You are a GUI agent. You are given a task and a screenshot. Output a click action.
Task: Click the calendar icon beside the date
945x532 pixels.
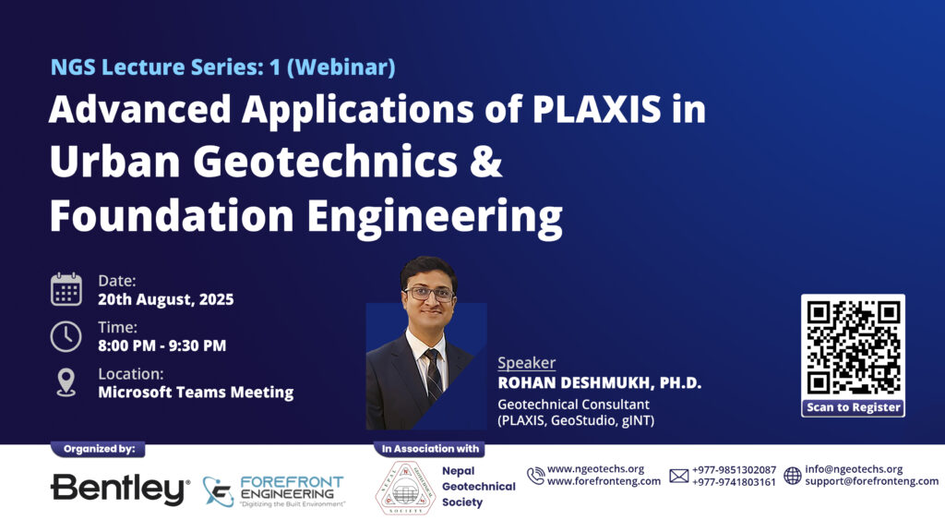[x=66, y=289]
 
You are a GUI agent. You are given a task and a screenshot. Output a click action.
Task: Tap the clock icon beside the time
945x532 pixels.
[x=66, y=336]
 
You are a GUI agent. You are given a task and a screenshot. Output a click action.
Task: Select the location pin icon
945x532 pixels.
[x=66, y=382]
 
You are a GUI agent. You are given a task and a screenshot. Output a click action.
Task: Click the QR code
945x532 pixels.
[x=853, y=348]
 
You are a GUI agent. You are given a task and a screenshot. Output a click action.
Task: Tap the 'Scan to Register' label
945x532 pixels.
[x=853, y=407]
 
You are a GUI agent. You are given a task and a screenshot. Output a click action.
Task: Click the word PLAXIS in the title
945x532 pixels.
[x=597, y=109]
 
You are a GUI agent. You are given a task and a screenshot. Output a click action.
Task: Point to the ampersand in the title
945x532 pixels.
[x=485, y=161]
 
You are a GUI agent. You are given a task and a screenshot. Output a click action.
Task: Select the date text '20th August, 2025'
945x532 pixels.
[x=166, y=299]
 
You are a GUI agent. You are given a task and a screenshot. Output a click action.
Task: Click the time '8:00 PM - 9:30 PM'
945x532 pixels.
[x=162, y=345]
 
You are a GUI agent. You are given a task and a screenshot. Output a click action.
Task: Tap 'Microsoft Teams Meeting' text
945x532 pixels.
[x=196, y=392]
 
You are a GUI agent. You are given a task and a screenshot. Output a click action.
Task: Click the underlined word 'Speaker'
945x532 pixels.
[x=527, y=362]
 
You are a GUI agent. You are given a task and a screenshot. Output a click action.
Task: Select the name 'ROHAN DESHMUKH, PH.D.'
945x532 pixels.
[x=600, y=383]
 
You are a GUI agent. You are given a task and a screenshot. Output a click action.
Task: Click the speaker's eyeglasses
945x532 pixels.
[x=428, y=294]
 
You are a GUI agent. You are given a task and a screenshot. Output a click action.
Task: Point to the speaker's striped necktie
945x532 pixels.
[x=434, y=375]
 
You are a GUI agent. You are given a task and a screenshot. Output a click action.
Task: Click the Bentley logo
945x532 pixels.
[x=120, y=489]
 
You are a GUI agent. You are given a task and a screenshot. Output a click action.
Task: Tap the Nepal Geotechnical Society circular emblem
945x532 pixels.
[x=406, y=488]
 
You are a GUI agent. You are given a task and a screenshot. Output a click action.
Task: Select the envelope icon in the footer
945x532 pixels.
[x=678, y=476]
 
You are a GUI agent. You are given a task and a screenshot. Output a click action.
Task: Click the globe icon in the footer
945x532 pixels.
[x=793, y=476]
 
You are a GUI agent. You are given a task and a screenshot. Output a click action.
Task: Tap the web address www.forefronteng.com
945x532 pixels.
[x=604, y=481]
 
